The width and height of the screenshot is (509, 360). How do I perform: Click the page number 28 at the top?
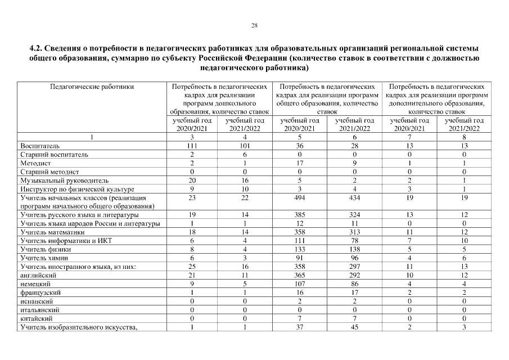coord(254,25)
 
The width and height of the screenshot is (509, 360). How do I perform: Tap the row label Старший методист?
coord(49,171)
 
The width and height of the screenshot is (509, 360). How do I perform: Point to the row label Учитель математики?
coord(52,232)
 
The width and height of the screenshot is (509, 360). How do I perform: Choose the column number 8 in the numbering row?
coord(464,137)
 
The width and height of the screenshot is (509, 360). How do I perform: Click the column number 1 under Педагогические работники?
coord(92,137)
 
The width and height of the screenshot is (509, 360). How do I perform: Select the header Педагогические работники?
coord(92,87)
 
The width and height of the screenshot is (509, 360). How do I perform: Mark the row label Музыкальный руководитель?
coord(64,181)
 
